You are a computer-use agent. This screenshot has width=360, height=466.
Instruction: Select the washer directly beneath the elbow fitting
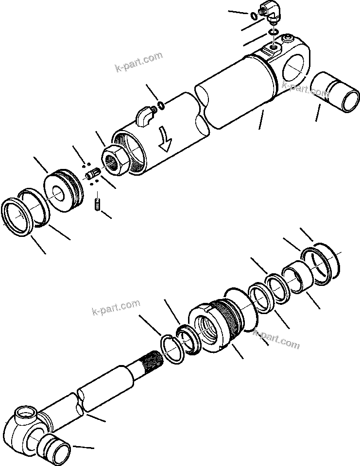coord(274,33)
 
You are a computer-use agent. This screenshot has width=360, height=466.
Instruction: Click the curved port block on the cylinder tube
coord(143,116)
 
